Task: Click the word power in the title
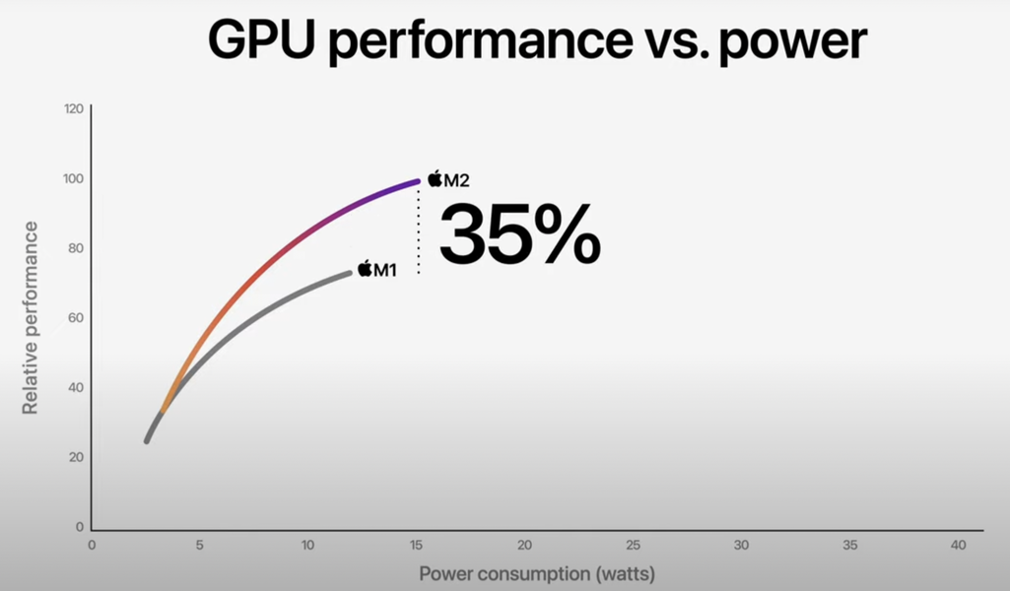(x=793, y=42)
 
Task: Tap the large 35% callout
(x=519, y=234)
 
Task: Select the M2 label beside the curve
(x=456, y=180)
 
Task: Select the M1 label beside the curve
(x=384, y=269)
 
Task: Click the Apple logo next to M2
(x=435, y=178)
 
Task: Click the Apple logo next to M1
(x=365, y=268)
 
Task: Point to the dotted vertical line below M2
(x=419, y=231)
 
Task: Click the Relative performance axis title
(x=31, y=317)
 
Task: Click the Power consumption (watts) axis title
(x=537, y=573)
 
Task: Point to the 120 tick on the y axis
(x=73, y=108)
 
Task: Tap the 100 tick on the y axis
(x=73, y=178)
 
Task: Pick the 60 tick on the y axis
(x=75, y=317)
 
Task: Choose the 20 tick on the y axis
(x=75, y=457)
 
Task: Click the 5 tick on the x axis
(x=199, y=545)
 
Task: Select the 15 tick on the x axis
(x=416, y=545)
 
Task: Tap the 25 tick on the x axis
(x=633, y=545)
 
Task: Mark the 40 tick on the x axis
(x=957, y=545)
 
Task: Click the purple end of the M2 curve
(x=413, y=182)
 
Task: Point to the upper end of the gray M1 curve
(x=348, y=273)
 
